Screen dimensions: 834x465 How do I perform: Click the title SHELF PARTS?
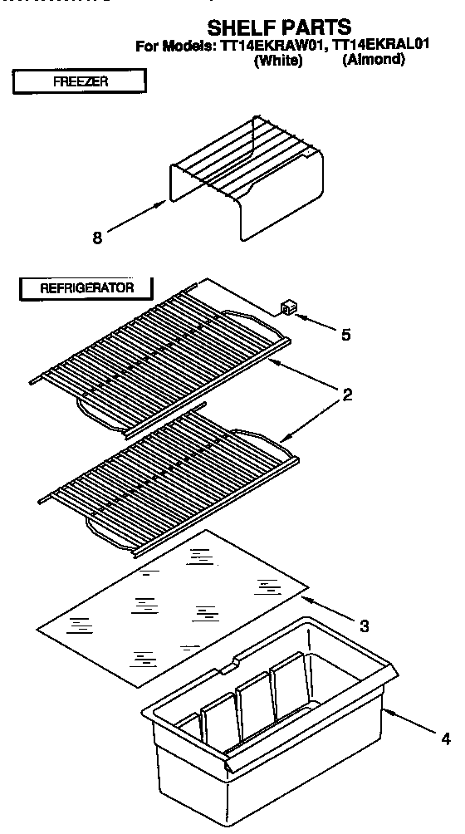coord(279,27)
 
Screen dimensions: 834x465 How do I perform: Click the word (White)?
coord(277,61)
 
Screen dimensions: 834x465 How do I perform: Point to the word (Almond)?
coord(373,61)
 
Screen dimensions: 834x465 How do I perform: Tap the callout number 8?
coord(97,238)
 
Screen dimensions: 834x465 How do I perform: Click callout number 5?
coord(345,335)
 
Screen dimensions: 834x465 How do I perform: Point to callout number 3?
coord(364,625)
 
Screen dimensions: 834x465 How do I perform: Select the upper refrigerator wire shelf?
coord(158,349)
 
